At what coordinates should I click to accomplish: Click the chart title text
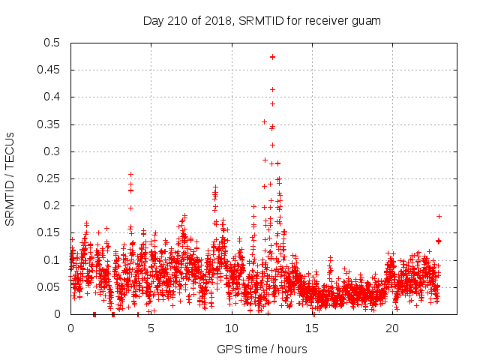(262, 20)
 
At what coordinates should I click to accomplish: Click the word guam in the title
(367, 20)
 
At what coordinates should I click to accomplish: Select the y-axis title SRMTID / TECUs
(10, 178)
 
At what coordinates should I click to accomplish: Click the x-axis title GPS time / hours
(262, 349)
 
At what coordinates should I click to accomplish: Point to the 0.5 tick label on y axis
(52, 43)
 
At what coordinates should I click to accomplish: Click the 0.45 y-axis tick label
(49, 70)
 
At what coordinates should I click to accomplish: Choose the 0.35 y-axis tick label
(49, 124)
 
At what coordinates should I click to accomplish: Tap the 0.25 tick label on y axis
(49, 178)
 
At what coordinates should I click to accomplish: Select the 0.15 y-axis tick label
(49, 232)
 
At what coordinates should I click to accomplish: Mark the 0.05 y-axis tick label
(49, 287)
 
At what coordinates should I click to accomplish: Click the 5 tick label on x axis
(151, 328)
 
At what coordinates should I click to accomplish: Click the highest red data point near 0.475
(273, 56)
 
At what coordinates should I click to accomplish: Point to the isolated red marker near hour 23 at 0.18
(439, 216)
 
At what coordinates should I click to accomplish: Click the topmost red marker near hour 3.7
(130, 174)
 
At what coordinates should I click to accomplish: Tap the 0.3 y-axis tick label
(52, 151)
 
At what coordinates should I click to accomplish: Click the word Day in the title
(153, 20)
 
